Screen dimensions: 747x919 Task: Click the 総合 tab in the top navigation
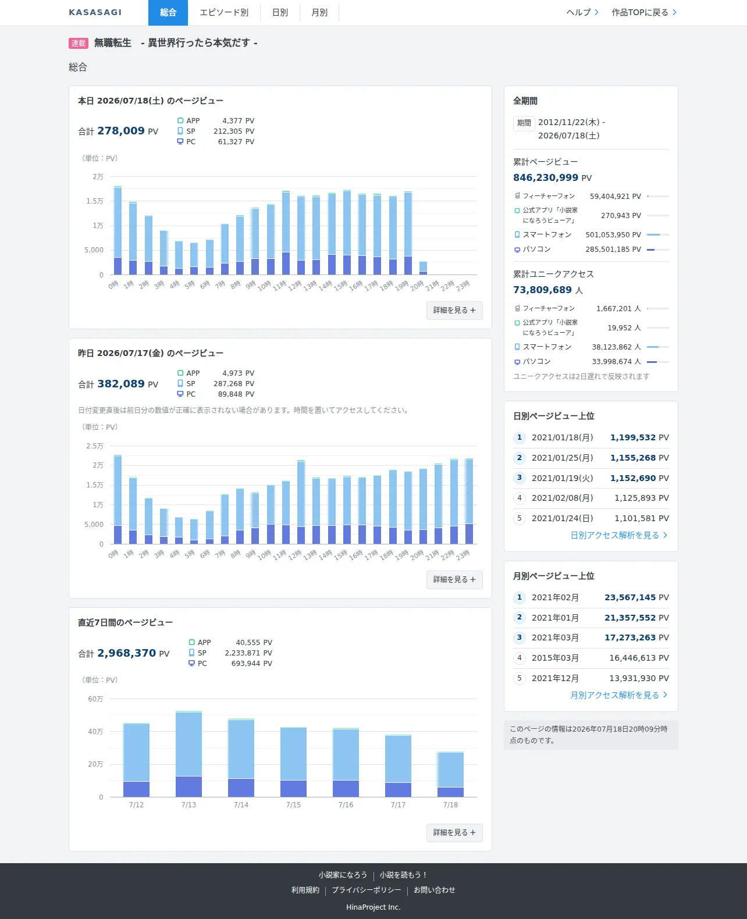pos(168,13)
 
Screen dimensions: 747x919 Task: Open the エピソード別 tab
pos(224,13)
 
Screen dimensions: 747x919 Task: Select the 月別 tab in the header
pos(319,13)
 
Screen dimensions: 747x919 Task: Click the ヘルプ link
pos(582,13)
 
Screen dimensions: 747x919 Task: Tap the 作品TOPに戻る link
pos(644,13)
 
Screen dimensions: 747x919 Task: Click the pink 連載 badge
pos(79,43)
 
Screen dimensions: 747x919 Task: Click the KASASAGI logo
pos(95,13)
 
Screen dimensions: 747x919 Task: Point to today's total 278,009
pos(121,131)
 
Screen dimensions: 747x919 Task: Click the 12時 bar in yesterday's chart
pos(301,502)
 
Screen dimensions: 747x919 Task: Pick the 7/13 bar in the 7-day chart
pos(188,754)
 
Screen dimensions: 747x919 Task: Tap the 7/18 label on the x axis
pos(450,804)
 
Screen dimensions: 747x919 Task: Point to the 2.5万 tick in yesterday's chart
pos(94,446)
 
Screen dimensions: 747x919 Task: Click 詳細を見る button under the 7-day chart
pos(454,833)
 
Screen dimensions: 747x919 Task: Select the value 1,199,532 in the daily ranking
pos(632,437)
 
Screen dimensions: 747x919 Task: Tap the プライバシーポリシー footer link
pos(367,890)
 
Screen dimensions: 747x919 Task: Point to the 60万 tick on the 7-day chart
pos(95,699)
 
